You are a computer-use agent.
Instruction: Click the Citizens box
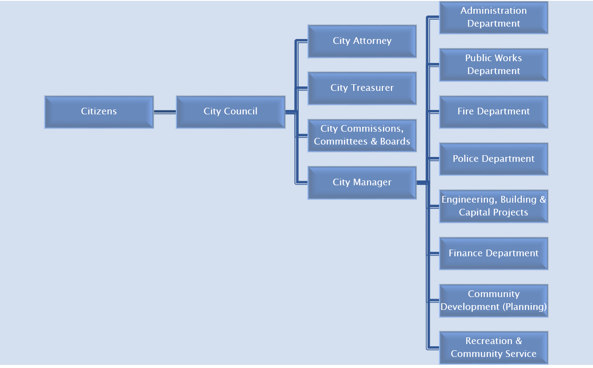coord(99,112)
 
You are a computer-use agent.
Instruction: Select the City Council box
coord(230,112)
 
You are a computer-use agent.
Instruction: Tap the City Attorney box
coord(362,41)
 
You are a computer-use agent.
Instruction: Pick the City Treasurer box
coord(362,88)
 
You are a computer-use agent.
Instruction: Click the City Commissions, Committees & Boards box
coord(362,135)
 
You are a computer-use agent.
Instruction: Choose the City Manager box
coord(362,182)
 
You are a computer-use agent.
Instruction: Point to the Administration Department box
coord(494,17)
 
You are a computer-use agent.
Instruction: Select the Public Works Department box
coord(494,65)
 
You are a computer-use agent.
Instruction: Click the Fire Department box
coord(494,112)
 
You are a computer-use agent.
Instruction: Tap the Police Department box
coord(494,159)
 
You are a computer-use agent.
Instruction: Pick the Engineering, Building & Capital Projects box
coord(494,206)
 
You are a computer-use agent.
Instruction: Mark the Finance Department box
coord(494,253)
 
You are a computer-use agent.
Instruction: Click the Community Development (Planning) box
coord(494,301)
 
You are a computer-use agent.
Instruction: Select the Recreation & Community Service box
coord(494,348)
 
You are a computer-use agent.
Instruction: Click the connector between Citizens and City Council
coord(165,112)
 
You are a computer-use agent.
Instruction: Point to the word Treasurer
coord(372,88)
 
